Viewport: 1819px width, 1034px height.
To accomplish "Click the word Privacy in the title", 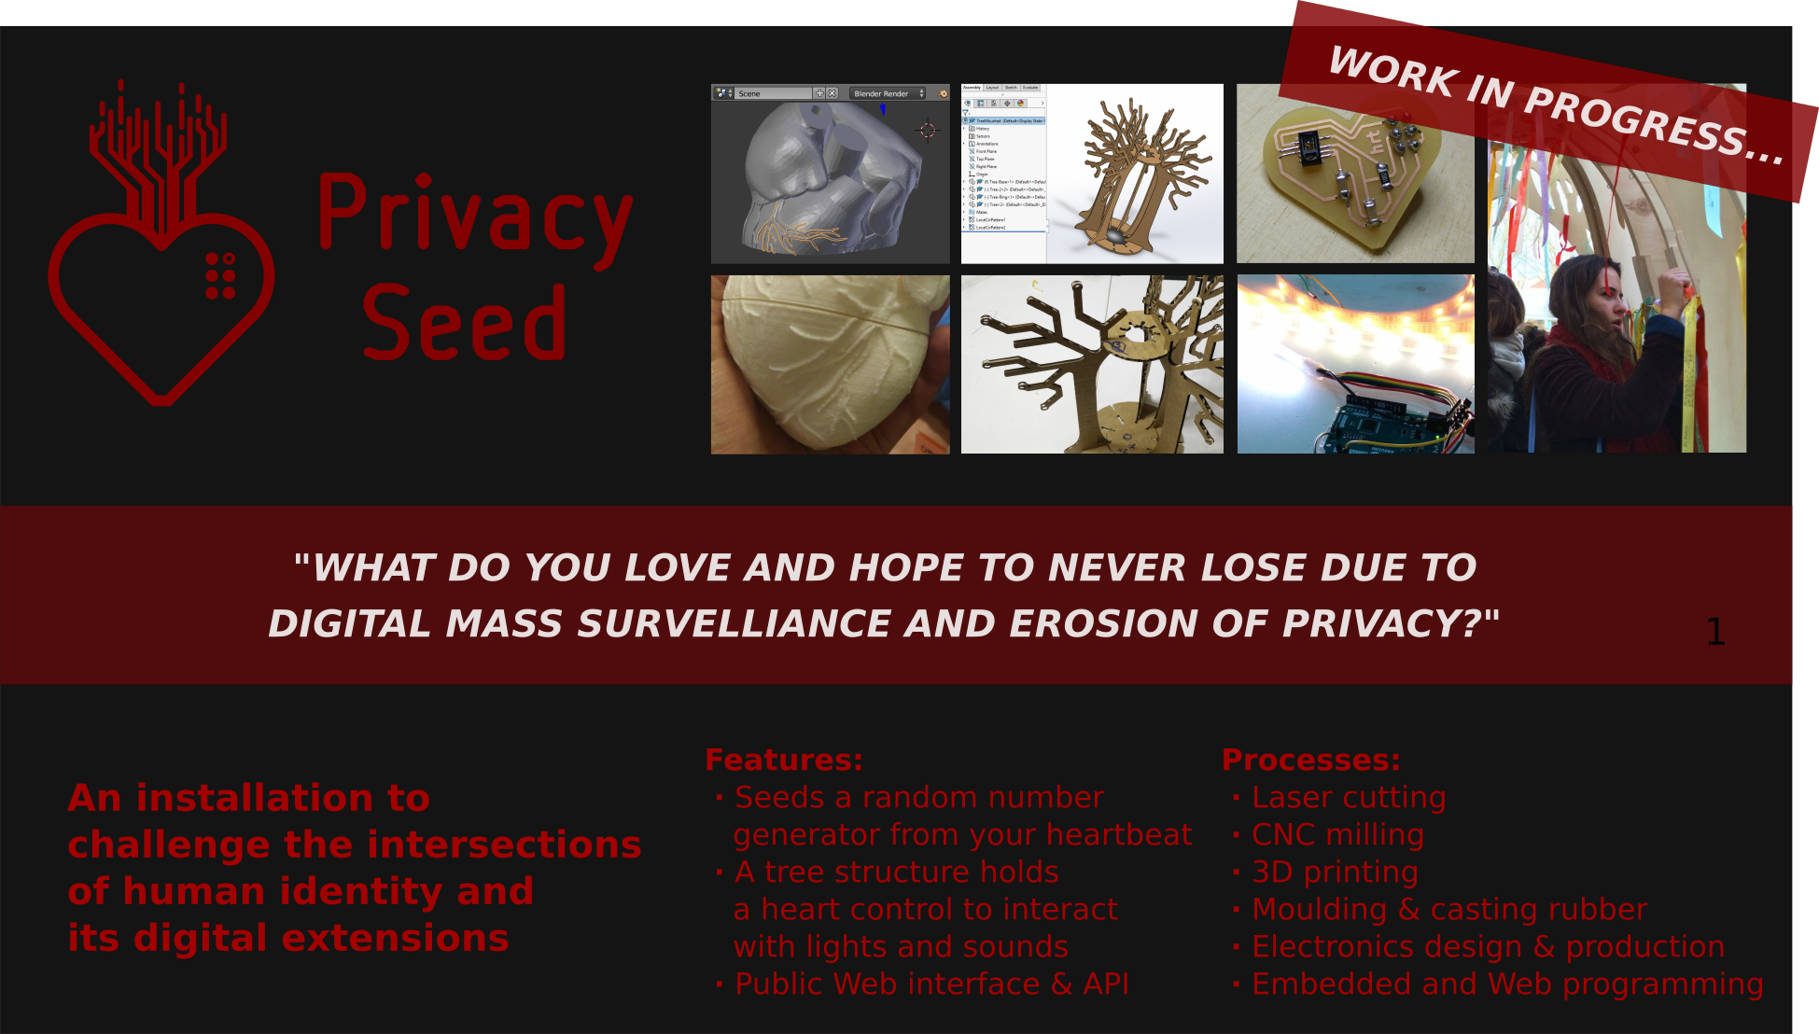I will pos(474,215).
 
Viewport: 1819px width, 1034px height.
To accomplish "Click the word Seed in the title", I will pos(464,323).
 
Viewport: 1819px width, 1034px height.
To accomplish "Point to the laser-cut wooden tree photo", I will pos(1092,365).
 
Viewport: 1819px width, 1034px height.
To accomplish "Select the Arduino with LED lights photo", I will pos(1355,365).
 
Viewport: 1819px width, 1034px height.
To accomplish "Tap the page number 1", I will pos(1714,633).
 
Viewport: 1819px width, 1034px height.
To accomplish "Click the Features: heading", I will pos(784,760).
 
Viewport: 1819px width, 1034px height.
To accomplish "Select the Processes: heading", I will pos(1310,760).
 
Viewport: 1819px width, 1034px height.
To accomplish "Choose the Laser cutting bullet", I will pos(1348,798).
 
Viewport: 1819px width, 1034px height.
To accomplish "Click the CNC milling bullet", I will pos(1336,835).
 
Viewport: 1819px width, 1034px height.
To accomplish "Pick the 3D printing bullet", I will pos(1334,873).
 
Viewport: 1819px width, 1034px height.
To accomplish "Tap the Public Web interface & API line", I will pos(930,985).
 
